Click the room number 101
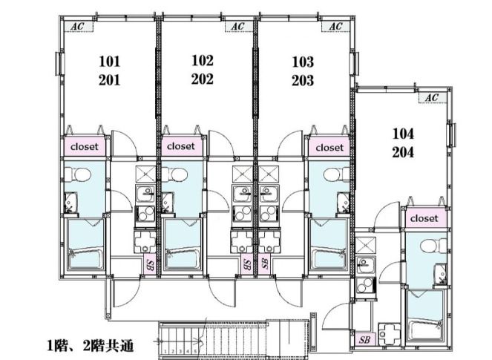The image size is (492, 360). tap(110, 61)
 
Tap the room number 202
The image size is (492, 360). tap(203, 79)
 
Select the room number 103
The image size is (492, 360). tap(303, 62)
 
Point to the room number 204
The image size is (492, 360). tap(403, 152)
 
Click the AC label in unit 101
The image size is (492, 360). tap(77, 27)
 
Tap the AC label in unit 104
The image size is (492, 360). tap(432, 98)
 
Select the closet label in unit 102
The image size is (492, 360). tap(181, 146)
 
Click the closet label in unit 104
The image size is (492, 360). tap(424, 218)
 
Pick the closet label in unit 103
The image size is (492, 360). tap(329, 147)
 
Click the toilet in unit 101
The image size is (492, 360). tap(78, 174)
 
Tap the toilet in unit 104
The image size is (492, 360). tap(433, 246)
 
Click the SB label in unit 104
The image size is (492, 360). tap(364, 340)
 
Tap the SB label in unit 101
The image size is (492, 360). tap(150, 265)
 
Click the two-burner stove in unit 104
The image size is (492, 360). tap(366, 285)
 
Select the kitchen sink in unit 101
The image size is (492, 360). tap(145, 194)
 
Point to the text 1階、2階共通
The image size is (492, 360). tap(91, 346)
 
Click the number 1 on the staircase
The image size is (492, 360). tap(165, 352)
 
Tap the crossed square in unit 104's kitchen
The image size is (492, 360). tap(366, 245)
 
